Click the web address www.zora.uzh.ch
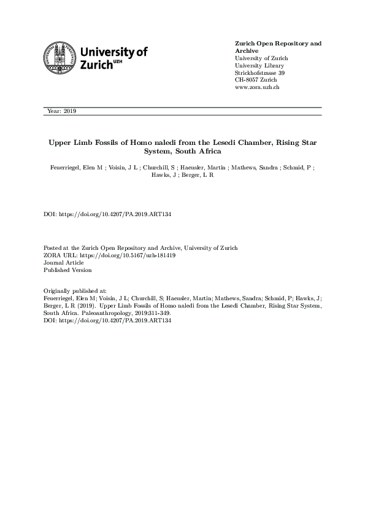[257, 88]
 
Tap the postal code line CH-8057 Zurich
[256, 80]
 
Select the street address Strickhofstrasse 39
[260, 73]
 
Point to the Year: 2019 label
[60, 111]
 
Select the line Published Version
[67, 270]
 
